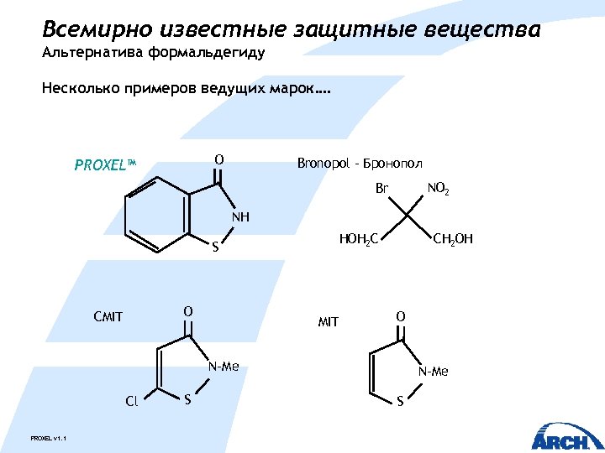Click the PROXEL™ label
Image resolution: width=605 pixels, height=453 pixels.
pos(104,165)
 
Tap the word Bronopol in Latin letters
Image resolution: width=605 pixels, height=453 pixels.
pos(322,163)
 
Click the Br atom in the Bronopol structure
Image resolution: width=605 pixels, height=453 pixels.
pos(382,190)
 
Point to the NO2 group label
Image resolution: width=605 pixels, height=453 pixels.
pos(438,190)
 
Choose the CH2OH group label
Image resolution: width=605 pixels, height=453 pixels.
pos(452,240)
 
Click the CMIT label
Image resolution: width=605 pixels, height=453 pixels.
pos(108,317)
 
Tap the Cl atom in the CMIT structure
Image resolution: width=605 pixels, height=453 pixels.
pos(131,401)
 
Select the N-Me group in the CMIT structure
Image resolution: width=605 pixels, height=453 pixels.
pos(224,367)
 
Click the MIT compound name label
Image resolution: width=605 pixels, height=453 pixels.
pos(328,321)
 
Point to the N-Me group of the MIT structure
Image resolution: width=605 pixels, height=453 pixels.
pos(434,372)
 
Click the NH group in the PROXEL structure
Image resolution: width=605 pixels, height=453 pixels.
pos(240,217)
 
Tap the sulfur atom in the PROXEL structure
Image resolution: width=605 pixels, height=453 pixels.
pos(215,247)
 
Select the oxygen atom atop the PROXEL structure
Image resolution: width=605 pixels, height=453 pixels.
pos(218,159)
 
